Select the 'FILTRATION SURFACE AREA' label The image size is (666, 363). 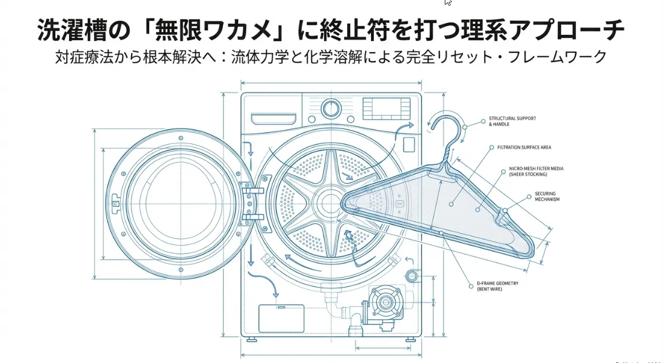(x=524, y=148)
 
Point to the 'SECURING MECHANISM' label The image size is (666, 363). (x=548, y=196)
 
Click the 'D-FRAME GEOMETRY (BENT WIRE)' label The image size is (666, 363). (x=497, y=286)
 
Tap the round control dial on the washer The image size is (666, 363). (x=331, y=108)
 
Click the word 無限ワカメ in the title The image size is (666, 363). (x=200, y=30)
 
